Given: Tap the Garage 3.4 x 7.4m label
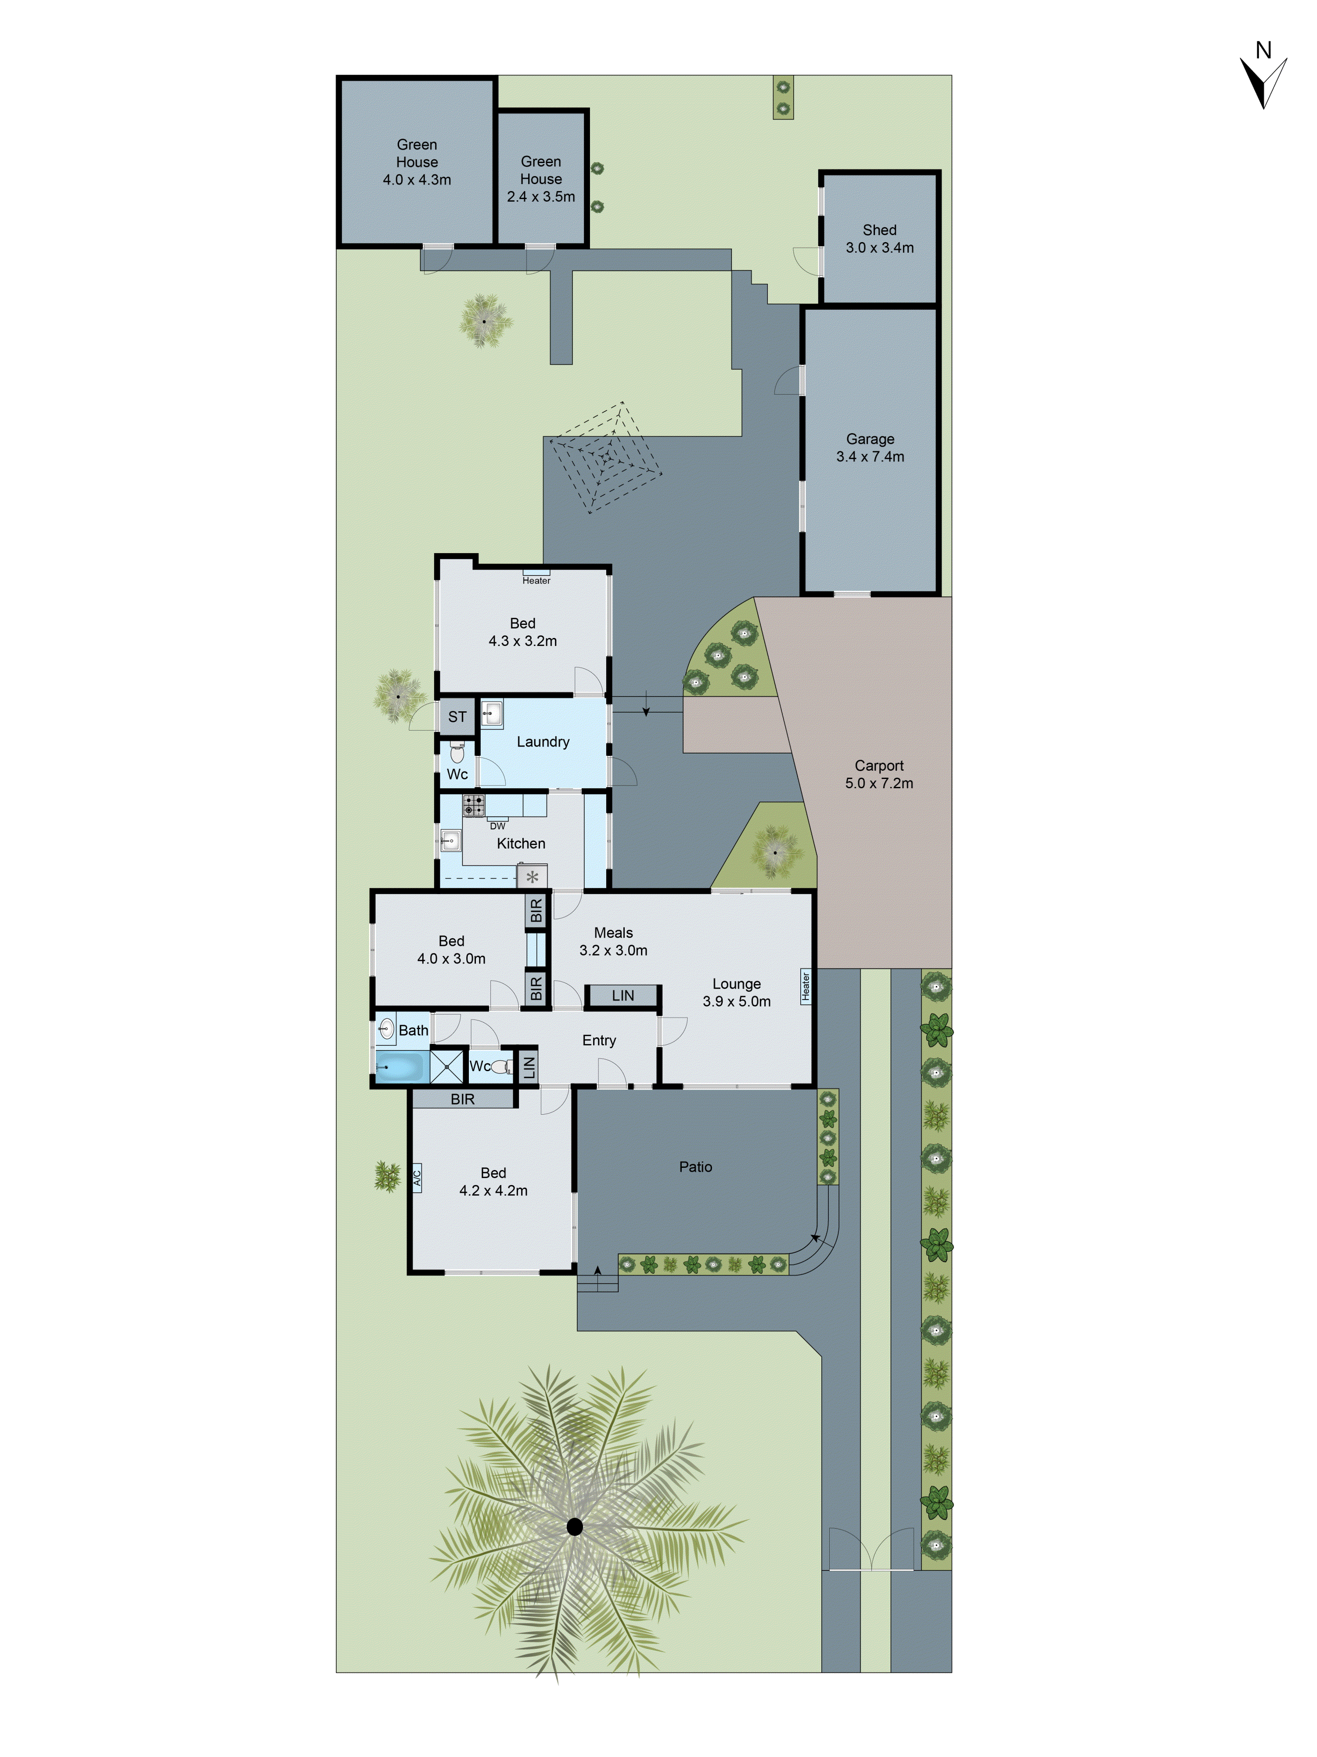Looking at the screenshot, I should coord(870,448).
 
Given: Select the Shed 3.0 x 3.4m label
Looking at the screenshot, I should coord(880,238).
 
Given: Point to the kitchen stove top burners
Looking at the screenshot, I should coord(474,805).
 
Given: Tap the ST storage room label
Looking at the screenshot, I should coord(457,717).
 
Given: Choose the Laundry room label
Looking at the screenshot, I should coord(543,742).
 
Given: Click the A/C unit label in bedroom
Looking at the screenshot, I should coord(417,1176).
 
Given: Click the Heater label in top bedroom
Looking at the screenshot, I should coord(536,581).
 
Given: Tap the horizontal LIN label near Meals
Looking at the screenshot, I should coord(623,995).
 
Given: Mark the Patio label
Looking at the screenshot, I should coord(695,1167).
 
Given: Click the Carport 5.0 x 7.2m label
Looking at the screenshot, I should coord(879,775).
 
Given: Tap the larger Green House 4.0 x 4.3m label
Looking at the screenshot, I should coord(417,162).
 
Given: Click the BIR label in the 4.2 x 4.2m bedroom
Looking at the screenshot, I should coord(463,1099).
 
